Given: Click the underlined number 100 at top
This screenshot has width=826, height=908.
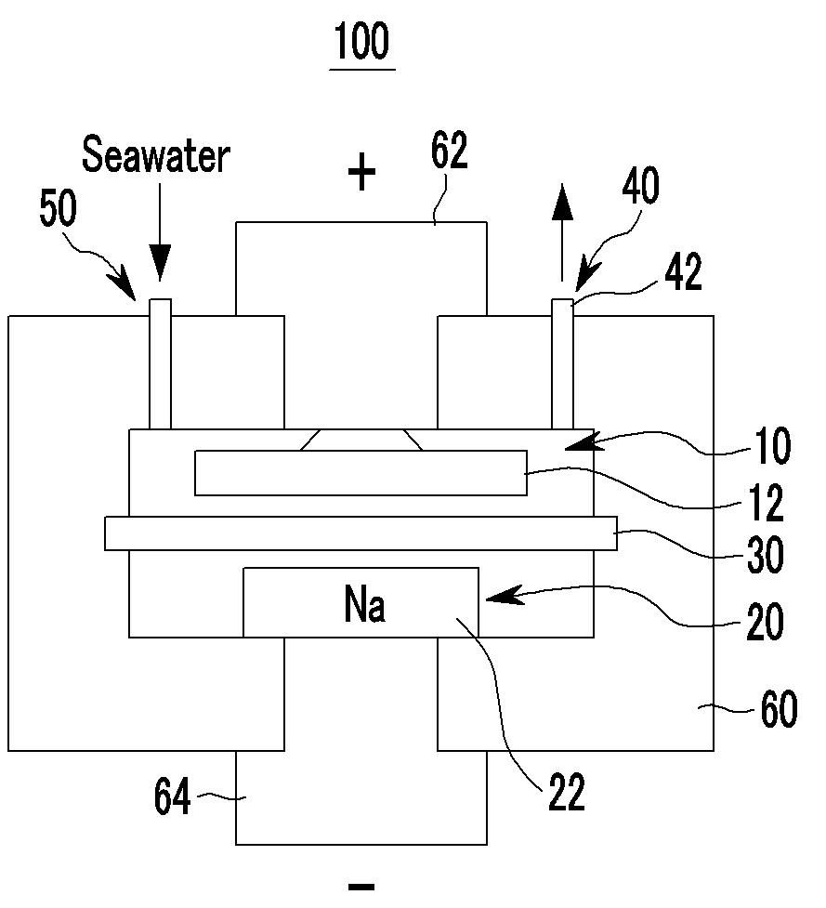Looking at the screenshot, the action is tap(362, 41).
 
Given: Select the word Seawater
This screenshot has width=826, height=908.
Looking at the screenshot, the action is tap(156, 154).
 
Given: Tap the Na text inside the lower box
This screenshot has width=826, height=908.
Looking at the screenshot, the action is tap(364, 604).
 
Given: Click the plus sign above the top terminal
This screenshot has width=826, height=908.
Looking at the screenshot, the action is tap(361, 171).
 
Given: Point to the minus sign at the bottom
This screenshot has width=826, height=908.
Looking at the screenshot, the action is tap(361, 886).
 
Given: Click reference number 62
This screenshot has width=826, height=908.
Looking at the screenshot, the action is tap(449, 151).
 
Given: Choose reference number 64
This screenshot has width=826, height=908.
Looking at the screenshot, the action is tap(172, 796).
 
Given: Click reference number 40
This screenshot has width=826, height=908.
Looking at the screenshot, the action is tap(641, 185).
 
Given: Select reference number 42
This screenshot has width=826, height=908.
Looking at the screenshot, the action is tap(684, 271).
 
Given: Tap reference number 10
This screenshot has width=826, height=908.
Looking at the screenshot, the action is tap(773, 446).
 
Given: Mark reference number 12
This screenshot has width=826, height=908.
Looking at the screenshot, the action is tap(767, 503).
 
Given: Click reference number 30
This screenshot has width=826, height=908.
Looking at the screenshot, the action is tap(766, 555).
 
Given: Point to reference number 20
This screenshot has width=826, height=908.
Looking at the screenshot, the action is tap(766, 622).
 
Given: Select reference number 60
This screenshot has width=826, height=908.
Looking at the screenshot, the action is tap(780, 707).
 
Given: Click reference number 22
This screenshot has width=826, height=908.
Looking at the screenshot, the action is tap(567, 792).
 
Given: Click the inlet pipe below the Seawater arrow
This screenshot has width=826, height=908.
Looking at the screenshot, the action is tap(161, 364).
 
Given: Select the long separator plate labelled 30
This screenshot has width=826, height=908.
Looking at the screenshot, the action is tap(361, 533).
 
